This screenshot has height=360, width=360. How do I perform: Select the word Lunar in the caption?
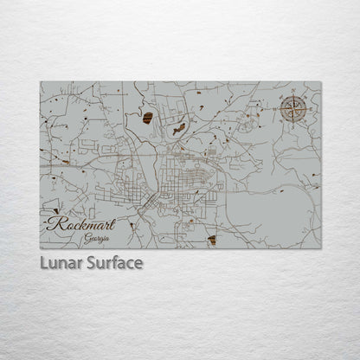(57, 263)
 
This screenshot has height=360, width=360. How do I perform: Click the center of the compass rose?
(293, 111)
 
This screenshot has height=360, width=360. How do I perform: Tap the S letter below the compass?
(293, 128)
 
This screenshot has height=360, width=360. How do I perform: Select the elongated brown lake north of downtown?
(179, 129)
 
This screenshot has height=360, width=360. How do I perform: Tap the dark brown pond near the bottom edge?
(212, 240)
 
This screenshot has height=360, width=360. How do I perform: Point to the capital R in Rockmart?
(55, 224)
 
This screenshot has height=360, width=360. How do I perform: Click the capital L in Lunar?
(42, 263)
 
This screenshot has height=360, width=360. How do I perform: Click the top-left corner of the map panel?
(40, 82)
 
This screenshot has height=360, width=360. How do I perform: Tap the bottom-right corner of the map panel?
(321, 248)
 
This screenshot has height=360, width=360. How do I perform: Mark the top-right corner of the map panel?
(321, 82)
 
